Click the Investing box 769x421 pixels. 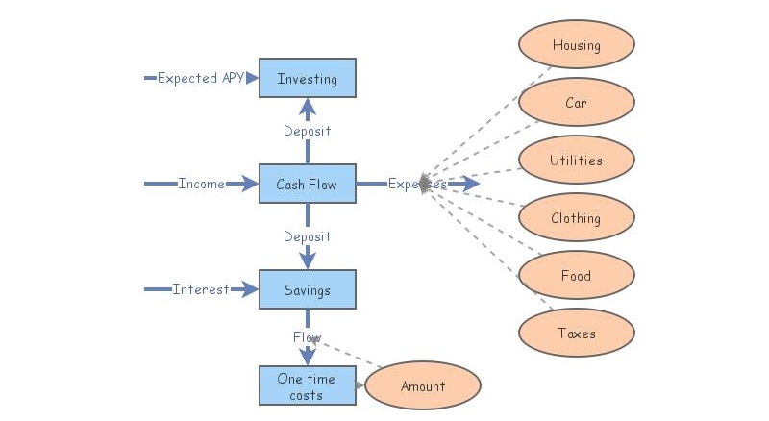(x=307, y=78)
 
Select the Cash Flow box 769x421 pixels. (x=307, y=184)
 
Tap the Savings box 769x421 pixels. (x=307, y=289)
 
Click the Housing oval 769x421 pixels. (x=576, y=45)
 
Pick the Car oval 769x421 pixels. (x=576, y=103)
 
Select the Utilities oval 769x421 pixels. (x=576, y=161)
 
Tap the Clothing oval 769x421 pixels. (x=576, y=218)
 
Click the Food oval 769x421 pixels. (x=576, y=276)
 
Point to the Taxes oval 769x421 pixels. (x=576, y=334)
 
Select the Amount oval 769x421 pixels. (x=423, y=386)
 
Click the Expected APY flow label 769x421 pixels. (x=200, y=78)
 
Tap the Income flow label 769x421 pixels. (x=201, y=184)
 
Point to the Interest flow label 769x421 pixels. (x=201, y=289)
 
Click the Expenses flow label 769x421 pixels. (x=417, y=184)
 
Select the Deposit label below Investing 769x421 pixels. (x=307, y=131)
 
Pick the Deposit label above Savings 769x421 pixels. (x=307, y=236)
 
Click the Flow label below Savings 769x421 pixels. (x=307, y=337)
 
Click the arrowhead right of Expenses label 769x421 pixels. (x=469, y=184)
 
